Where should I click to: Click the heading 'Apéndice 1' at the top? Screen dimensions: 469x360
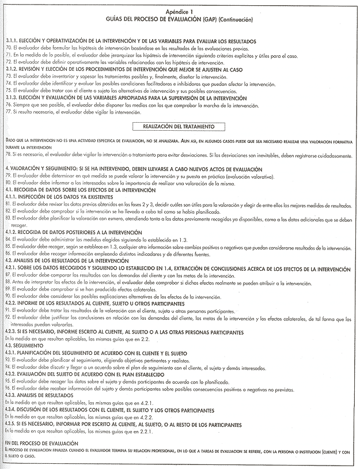(180, 11)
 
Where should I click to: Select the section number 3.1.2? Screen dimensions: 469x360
(11, 68)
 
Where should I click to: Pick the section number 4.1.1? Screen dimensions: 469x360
(11, 196)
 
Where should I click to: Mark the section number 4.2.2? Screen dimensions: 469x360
(13, 303)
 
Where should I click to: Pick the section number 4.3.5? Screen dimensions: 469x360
(13, 423)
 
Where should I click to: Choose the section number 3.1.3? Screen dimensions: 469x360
(11, 98)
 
